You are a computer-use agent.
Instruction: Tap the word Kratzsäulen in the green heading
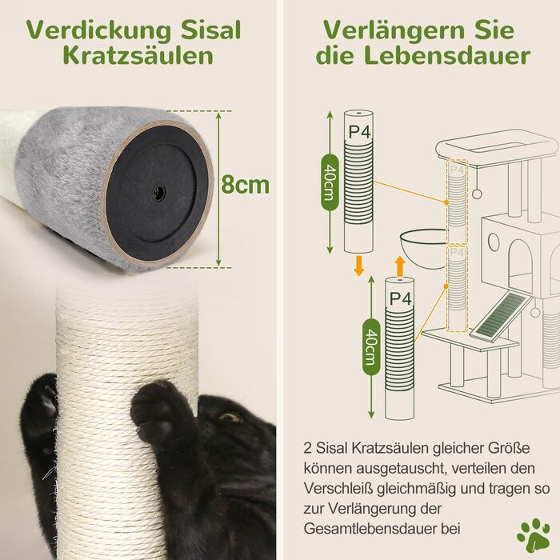pyautogui.click(x=138, y=57)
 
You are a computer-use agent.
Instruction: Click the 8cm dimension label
pyautogui.click(x=245, y=185)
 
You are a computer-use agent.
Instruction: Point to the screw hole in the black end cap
pyautogui.click(x=158, y=193)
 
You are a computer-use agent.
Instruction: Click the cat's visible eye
pyautogui.click(x=230, y=416)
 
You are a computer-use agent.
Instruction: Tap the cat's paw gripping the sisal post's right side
pyautogui.click(x=163, y=414)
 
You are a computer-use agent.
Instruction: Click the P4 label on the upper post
pyautogui.click(x=359, y=132)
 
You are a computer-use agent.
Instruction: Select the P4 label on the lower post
pyautogui.click(x=400, y=298)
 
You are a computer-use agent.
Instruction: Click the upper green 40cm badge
pyautogui.click(x=330, y=182)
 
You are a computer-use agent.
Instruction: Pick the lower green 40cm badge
pyautogui.click(x=371, y=346)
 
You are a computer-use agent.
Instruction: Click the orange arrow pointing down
pyautogui.click(x=359, y=266)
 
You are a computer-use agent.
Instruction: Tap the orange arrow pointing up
pyautogui.click(x=400, y=266)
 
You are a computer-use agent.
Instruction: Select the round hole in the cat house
pyautogui.click(x=494, y=242)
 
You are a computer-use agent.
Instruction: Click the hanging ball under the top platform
pyautogui.click(x=477, y=194)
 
